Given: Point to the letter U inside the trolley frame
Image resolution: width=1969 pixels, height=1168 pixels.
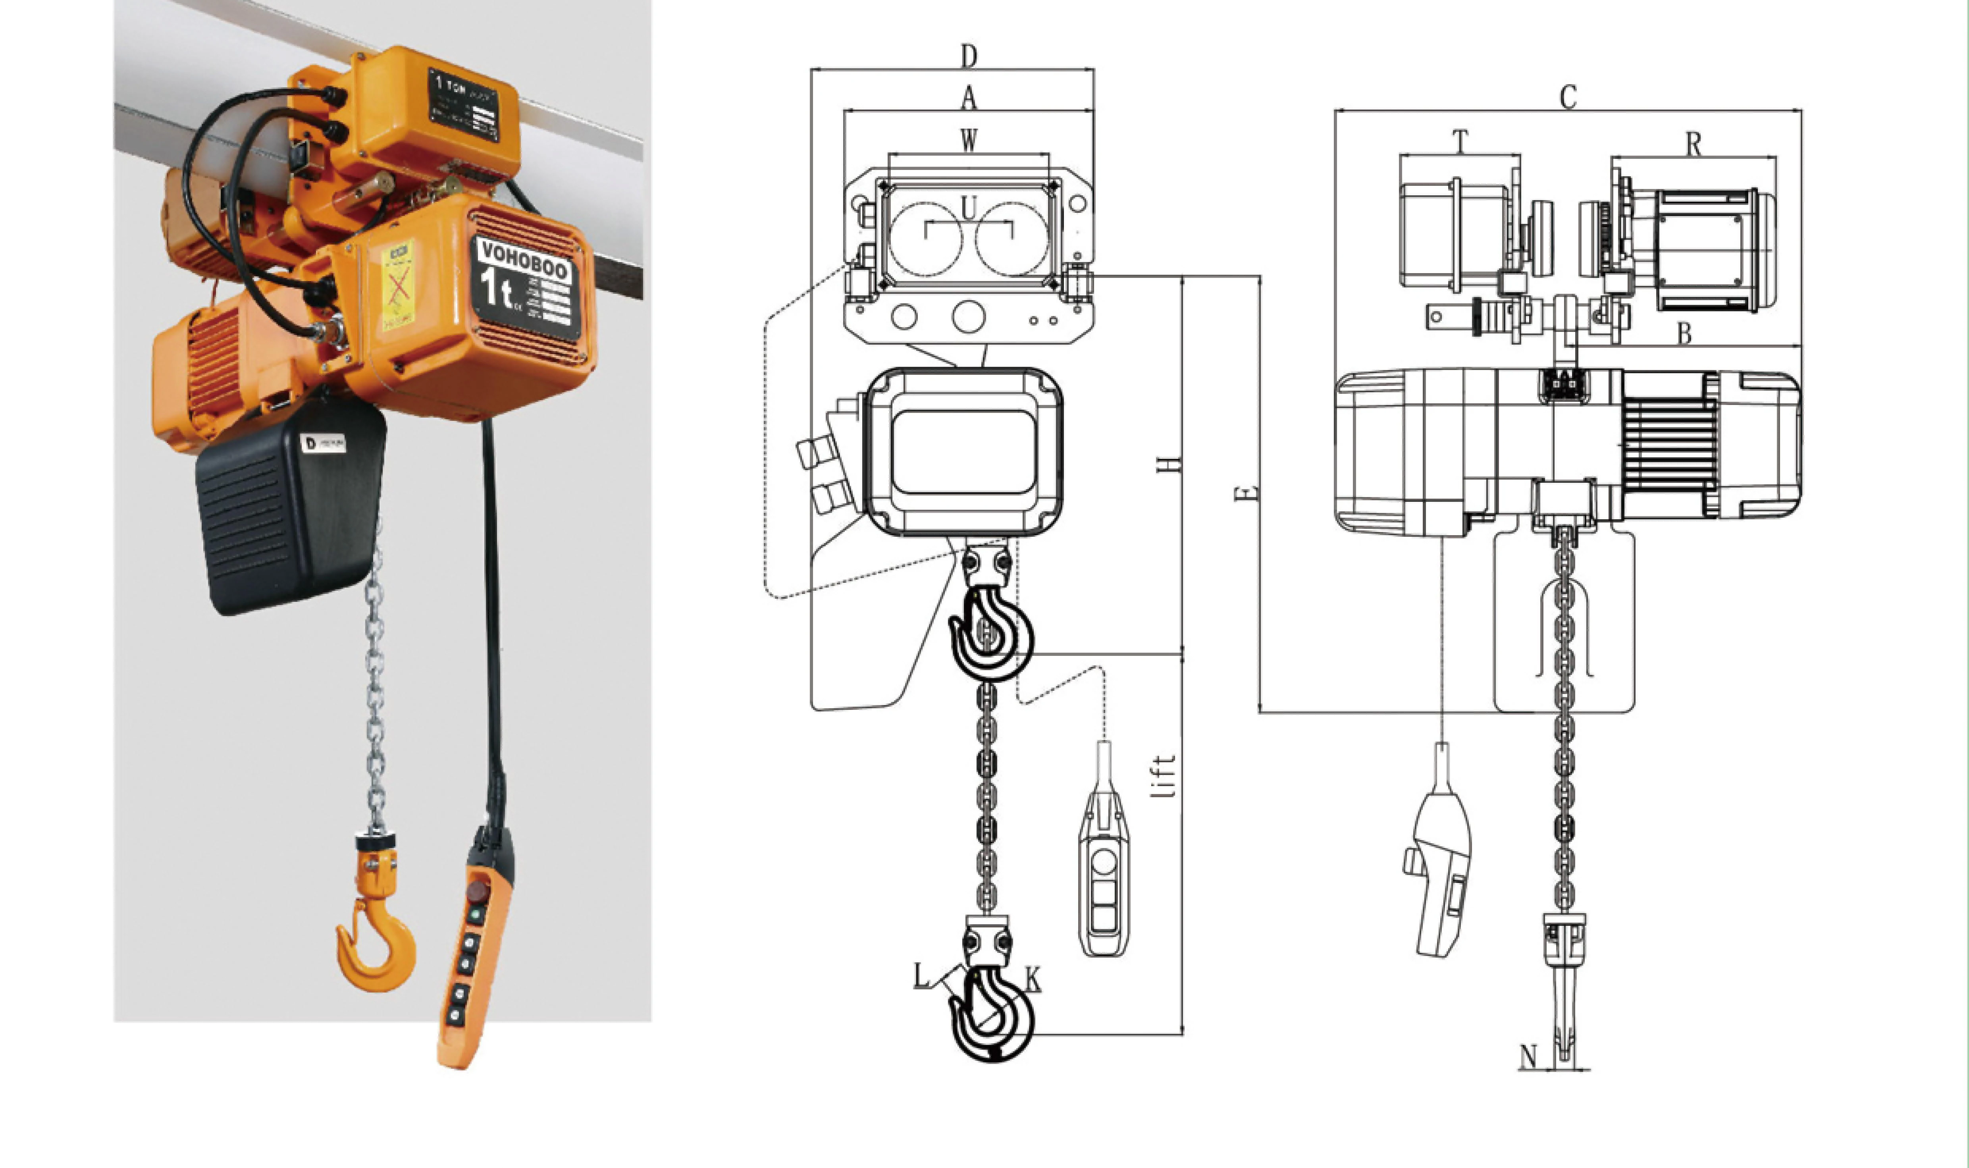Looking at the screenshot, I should pos(969,208).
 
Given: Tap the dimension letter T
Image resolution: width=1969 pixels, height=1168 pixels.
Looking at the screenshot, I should pos(1460,142).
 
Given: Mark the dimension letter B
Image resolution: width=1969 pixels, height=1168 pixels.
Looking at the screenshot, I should pos(1683,334).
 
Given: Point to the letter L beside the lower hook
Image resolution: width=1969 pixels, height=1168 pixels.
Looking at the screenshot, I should pos(921,976).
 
